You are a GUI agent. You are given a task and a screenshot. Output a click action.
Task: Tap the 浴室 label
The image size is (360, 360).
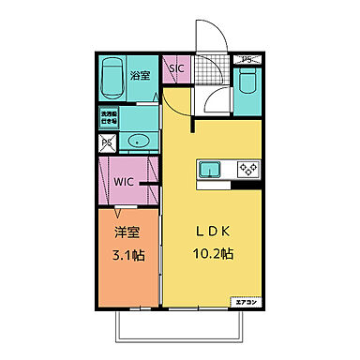click(x=140, y=75)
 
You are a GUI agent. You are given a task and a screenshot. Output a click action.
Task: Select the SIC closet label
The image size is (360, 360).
click(x=176, y=68)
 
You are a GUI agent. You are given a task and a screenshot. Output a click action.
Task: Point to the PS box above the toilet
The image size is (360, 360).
click(x=248, y=61)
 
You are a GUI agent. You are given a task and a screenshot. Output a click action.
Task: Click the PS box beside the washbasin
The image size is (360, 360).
click(x=107, y=143)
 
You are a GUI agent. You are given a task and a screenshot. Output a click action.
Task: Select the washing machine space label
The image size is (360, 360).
click(x=110, y=117)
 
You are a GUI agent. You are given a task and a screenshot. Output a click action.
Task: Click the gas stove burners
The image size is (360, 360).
click(x=247, y=170)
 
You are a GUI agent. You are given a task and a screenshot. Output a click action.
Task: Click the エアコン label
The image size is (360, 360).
click(x=247, y=302)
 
